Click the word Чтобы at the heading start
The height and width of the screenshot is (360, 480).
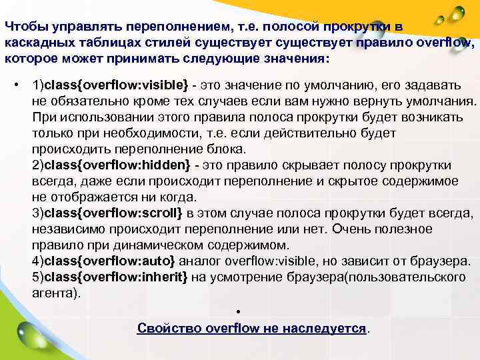(x=24, y=27)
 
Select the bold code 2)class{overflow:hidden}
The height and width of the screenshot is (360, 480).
(x=111, y=165)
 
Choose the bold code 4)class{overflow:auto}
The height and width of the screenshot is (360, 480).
(x=103, y=261)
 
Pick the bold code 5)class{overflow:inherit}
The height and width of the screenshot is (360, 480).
(x=109, y=277)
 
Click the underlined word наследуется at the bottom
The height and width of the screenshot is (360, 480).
(x=324, y=329)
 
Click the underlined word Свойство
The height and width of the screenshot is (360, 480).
(x=169, y=329)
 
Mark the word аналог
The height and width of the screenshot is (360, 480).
(x=201, y=261)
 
